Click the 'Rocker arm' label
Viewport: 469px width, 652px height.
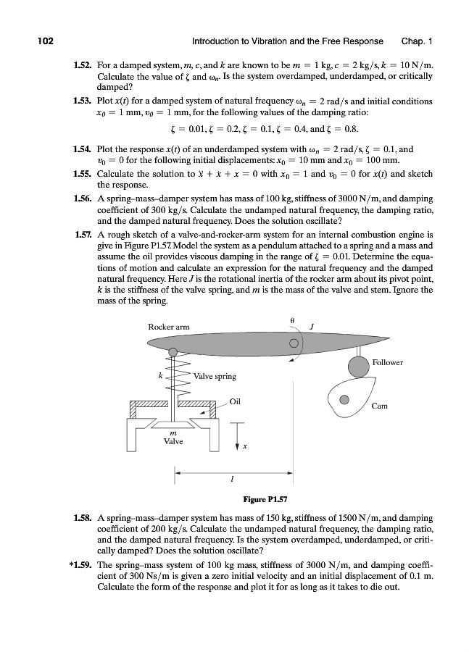168,327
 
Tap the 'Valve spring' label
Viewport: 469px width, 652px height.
214,376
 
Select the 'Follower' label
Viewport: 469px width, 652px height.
387,362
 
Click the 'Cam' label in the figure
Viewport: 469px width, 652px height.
379,406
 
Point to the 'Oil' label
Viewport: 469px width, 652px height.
234,401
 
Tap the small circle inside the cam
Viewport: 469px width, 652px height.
345,399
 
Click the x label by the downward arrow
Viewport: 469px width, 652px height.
245,446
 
